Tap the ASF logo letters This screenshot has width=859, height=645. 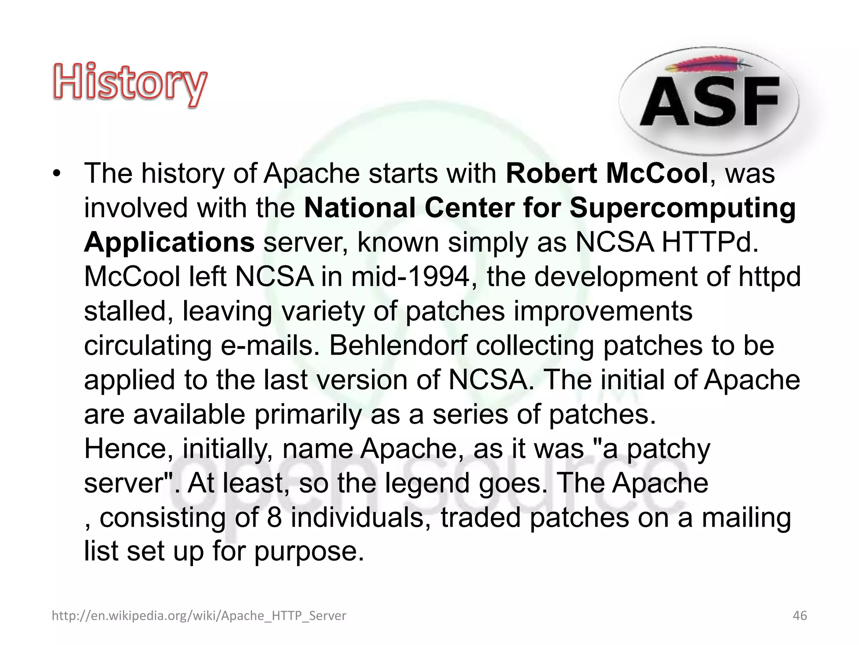(x=709, y=102)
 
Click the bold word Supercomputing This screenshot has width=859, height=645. (x=682, y=208)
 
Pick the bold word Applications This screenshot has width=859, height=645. (x=169, y=242)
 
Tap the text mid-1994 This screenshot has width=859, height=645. (x=410, y=277)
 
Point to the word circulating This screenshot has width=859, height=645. (x=147, y=346)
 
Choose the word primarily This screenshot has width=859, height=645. (x=308, y=414)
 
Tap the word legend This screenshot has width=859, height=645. (x=427, y=483)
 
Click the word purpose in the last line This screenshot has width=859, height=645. (x=309, y=551)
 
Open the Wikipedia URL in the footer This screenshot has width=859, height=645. (x=199, y=616)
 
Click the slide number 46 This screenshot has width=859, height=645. (x=800, y=616)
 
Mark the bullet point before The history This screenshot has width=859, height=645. (x=57, y=174)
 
